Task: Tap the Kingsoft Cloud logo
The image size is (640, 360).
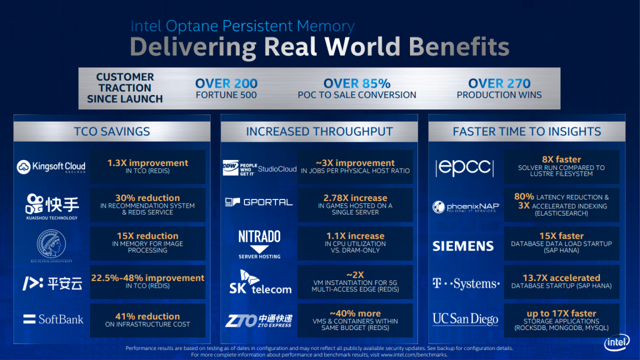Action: click(x=51, y=167)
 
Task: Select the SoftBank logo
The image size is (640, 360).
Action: click(x=53, y=319)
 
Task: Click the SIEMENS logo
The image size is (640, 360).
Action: click(x=463, y=246)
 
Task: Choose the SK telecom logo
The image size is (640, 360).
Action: click(x=259, y=282)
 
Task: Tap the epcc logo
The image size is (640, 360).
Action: click(x=464, y=167)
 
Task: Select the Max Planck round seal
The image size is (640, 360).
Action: click(x=51, y=242)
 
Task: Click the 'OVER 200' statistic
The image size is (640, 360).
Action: click(x=226, y=84)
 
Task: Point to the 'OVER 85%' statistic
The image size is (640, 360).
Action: click(x=357, y=84)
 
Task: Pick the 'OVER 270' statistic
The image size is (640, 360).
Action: click(x=499, y=84)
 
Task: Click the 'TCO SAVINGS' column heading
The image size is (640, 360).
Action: click(x=112, y=132)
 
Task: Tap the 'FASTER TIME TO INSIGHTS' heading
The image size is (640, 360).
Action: click(x=527, y=132)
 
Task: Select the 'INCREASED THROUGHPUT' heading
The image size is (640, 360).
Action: click(x=319, y=132)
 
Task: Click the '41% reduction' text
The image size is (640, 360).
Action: click(x=147, y=316)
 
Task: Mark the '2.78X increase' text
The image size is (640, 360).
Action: click(x=355, y=198)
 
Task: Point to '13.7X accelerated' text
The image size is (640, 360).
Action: click(x=561, y=278)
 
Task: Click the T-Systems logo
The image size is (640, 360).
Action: click(x=466, y=284)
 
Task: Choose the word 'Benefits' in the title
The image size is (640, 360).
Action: click(x=459, y=47)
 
